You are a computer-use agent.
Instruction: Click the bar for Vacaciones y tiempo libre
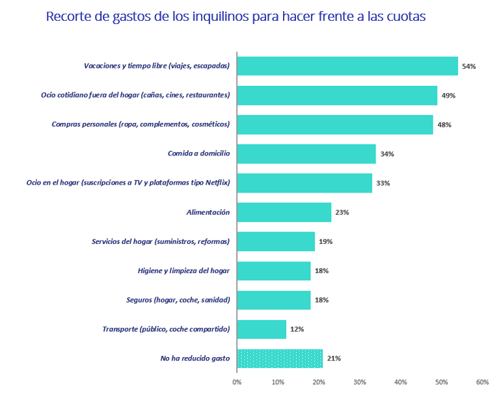(x=347, y=66)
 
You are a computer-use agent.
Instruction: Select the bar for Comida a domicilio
(x=306, y=154)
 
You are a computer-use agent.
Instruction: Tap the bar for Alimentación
(x=284, y=213)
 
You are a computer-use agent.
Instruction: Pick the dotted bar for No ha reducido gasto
(x=280, y=358)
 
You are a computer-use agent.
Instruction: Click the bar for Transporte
(x=262, y=329)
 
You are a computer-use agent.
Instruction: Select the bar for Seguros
(x=274, y=300)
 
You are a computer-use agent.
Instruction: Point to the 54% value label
(x=468, y=66)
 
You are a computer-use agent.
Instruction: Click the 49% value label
(x=448, y=96)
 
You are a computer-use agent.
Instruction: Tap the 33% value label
(x=383, y=183)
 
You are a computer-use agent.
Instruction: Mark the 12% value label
(x=297, y=329)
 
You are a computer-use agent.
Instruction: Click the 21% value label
(x=333, y=358)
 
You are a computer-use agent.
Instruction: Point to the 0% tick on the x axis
(x=237, y=382)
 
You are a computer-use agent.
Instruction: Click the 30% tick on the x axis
(x=360, y=382)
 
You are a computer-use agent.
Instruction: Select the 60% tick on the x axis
(x=482, y=382)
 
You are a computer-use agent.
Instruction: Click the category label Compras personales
(x=141, y=124)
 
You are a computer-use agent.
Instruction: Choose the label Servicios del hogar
(x=161, y=241)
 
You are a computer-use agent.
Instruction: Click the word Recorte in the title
(x=68, y=17)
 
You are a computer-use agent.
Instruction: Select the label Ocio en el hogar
(x=128, y=183)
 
